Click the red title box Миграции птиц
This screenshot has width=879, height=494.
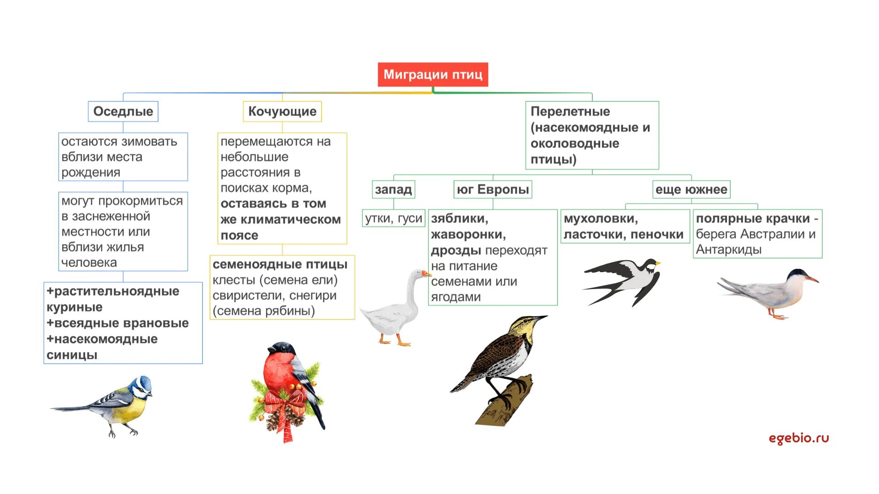pyautogui.click(x=433, y=75)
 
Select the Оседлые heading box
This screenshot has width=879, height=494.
pyautogui.click(x=123, y=111)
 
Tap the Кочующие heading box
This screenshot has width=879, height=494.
pyautogui.click(x=282, y=111)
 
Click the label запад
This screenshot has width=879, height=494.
pyautogui.click(x=393, y=189)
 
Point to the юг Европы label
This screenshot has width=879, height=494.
pyautogui.click(x=493, y=189)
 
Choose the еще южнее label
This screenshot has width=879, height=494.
pyautogui.click(x=691, y=189)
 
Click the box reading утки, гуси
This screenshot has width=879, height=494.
pyautogui.click(x=393, y=218)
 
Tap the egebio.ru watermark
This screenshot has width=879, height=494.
pyautogui.click(x=798, y=438)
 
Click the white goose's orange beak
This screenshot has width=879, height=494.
pyautogui.click(x=427, y=274)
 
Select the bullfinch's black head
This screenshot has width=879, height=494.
pyautogui.click(x=281, y=348)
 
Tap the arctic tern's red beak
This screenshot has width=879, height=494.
pyautogui.click(x=812, y=279)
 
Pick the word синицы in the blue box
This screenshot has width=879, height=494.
pyautogui.click(x=72, y=355)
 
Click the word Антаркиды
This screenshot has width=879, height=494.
pyautogui.click(x=728, y=250)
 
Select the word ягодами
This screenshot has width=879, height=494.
pyautogui.click(x=456, y=297)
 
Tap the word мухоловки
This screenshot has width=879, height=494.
pyautogui.click(x=600, y=219)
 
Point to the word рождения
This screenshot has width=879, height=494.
pyautogui.click(x=91, y=172)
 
